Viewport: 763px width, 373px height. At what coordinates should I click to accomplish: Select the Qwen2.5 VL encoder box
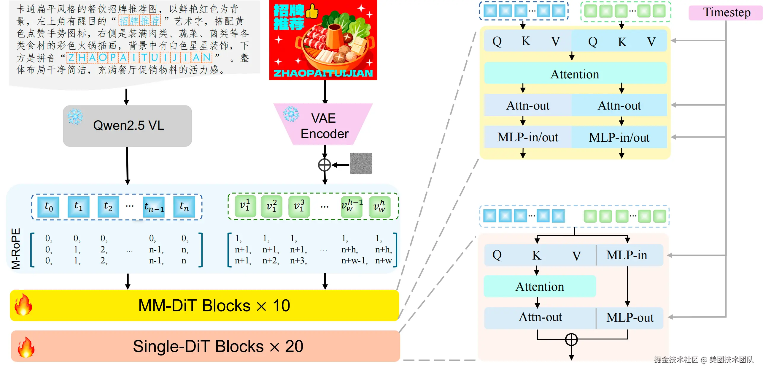tap(127, 126)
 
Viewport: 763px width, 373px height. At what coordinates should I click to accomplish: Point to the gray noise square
tap(361, 164)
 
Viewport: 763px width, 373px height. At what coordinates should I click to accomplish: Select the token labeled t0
tap(48, 206)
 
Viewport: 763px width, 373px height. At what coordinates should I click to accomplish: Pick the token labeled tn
tap(184, 206)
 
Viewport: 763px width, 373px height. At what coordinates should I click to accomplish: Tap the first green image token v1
tap(245, 206)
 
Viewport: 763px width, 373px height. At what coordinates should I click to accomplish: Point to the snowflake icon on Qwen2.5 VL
tap(75, 116)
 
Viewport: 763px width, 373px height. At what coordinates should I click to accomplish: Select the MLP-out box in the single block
tap(630, 317)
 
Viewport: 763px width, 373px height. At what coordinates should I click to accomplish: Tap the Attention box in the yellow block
tap(575, 74)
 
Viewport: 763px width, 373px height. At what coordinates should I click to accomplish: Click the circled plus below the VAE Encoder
tap(324, 165)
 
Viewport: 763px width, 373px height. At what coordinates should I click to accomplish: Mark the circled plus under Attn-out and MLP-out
tap(571, 339)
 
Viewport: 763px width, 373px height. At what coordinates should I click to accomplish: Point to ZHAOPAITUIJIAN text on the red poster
tap(323, 73)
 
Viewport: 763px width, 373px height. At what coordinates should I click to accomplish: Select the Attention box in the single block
tap(540, 287)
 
